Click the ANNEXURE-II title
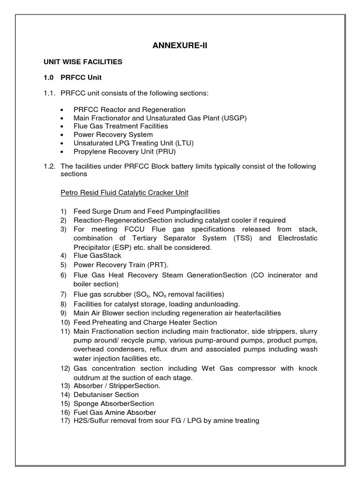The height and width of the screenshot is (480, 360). (x=180, y=45)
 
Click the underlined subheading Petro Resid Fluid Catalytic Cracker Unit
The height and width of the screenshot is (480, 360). (x=124, y=192)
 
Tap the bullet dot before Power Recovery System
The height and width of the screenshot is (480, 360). (x=63, y=135)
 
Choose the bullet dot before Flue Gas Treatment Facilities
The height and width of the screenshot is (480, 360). (x=63, y=126)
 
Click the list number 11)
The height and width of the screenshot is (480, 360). (x=65, y=331)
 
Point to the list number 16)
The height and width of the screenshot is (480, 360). (x=65, y=412)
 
